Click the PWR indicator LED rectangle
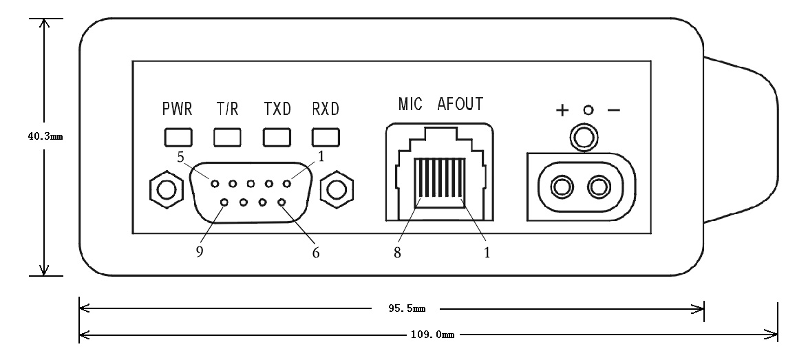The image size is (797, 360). pyautogui.click(x=178, y=138)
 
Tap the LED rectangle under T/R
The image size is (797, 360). pyautogui.click(x=227, y=138)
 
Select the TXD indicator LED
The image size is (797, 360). pyautogui.click(x=277, y=138)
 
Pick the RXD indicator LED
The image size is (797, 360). pyautogui.click(x=326, y=138)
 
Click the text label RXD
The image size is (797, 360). pyautogui.click(x=326, y=109)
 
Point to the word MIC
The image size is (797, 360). pyautogui.click(x=410, y=105)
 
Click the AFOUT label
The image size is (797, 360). pyautogui.click(x=460, y=105)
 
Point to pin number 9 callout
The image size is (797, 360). pyautogui.click(x=200, y=251)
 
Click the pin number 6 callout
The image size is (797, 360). pyautogui.click(x=315, y=251)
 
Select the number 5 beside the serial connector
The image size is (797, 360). pyautogui.click(x=180, y=158)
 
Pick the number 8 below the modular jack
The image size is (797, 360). pyautogui.click(x=398, y=251)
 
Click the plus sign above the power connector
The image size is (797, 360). pyautogui.click(x=562, y=110)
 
